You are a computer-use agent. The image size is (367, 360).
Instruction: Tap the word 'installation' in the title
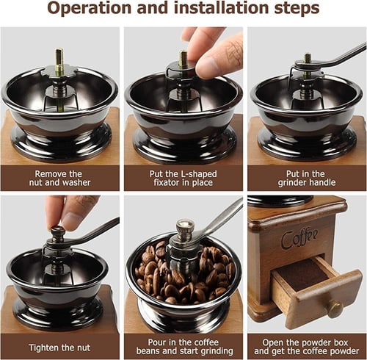coord(222,8)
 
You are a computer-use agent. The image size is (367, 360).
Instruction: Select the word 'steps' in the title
coord(297,9)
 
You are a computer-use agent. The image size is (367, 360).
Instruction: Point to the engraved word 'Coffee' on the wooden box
coord(299,238)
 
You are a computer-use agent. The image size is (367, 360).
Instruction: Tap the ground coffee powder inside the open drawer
coord(303,276)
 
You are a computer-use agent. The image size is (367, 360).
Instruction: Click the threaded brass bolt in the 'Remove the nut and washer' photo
coord(59,62)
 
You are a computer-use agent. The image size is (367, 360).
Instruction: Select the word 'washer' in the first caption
coord(76,183)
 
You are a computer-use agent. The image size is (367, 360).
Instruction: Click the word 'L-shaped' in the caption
coord(199,174)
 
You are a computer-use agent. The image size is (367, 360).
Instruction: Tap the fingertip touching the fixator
coord(206,67)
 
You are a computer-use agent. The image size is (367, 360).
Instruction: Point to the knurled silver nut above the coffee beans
coord(185,229)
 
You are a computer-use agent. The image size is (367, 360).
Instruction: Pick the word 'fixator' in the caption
coord(167,183)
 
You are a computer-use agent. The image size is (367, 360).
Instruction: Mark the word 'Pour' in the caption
coord(157,342)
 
